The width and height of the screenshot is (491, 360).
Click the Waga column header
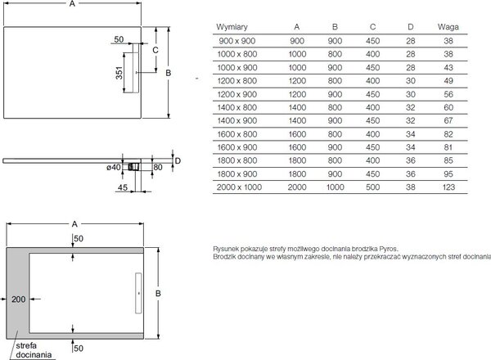tap(448, 27)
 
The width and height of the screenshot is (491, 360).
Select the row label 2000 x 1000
tap(239, 187)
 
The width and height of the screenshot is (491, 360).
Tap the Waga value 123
tap(448, 187)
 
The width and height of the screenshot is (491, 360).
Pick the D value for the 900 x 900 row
tap(411, 41)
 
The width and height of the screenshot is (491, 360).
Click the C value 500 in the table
tap(372, 187)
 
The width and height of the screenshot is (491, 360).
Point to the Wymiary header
tap(232, 27)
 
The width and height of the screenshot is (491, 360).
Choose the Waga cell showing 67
tap(448, 120)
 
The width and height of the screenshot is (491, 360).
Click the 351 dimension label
tap(119, 73)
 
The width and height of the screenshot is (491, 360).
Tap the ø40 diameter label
tap(114, 168)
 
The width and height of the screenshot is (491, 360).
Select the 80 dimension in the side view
tap(158, 167)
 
